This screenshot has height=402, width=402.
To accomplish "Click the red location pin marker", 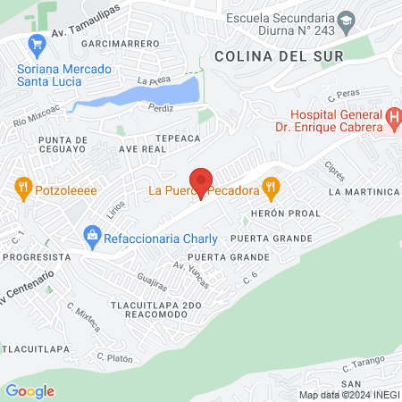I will (201, 181).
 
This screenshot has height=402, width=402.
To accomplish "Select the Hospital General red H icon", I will (393, 117).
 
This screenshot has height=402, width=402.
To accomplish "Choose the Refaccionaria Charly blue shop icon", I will (90, 237).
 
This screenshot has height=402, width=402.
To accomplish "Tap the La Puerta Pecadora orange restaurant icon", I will (272, 188).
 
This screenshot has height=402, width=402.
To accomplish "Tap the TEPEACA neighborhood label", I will (175, 139).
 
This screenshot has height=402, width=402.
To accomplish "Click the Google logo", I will (29, 390).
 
